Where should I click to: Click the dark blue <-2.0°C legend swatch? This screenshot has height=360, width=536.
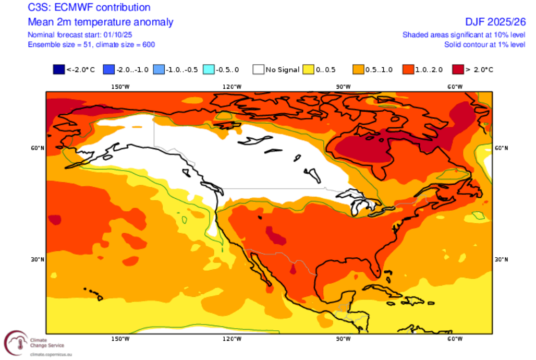tap(58, 69)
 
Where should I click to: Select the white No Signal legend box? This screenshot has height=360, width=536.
tap(258, 69)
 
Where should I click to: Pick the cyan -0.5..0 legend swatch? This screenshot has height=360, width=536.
tap(208, 69)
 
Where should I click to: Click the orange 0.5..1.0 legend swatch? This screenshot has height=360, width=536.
tap(358, 69)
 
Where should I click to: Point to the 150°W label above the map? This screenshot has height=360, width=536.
tap(120, 87)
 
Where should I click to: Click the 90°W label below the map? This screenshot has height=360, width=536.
tap(343, 339)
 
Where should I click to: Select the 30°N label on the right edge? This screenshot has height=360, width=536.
tap(501, 260)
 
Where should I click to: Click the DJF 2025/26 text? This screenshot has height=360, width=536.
tap(495, 22)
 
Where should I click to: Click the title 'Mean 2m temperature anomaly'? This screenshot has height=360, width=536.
tap(100, 22)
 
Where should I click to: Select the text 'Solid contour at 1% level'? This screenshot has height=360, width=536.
tap(484, 45)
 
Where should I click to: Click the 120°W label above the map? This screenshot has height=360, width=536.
tap(232, 87)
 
